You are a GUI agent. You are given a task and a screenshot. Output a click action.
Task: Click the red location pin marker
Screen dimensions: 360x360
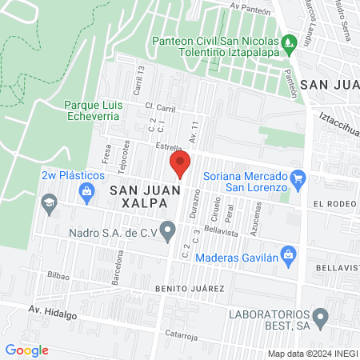click(180, 166)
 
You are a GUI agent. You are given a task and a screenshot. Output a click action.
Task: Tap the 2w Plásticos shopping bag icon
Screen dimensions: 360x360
click(86, 190)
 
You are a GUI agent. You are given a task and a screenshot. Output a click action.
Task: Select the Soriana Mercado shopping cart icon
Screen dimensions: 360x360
click(298, 178)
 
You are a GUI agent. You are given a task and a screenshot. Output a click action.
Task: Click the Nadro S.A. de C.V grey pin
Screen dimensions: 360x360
click(168, 232)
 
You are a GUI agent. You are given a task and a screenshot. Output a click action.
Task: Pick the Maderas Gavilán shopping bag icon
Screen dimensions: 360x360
click(290, 256)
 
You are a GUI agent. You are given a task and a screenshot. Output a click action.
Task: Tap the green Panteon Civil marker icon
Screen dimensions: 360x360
click(288, 42)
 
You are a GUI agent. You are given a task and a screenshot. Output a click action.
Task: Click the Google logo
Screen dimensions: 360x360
click(26, 350)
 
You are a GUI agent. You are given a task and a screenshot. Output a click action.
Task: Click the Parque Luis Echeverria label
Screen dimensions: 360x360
click(93, 110)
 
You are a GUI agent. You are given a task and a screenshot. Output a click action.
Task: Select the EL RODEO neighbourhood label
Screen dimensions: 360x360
click(334, 203)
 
